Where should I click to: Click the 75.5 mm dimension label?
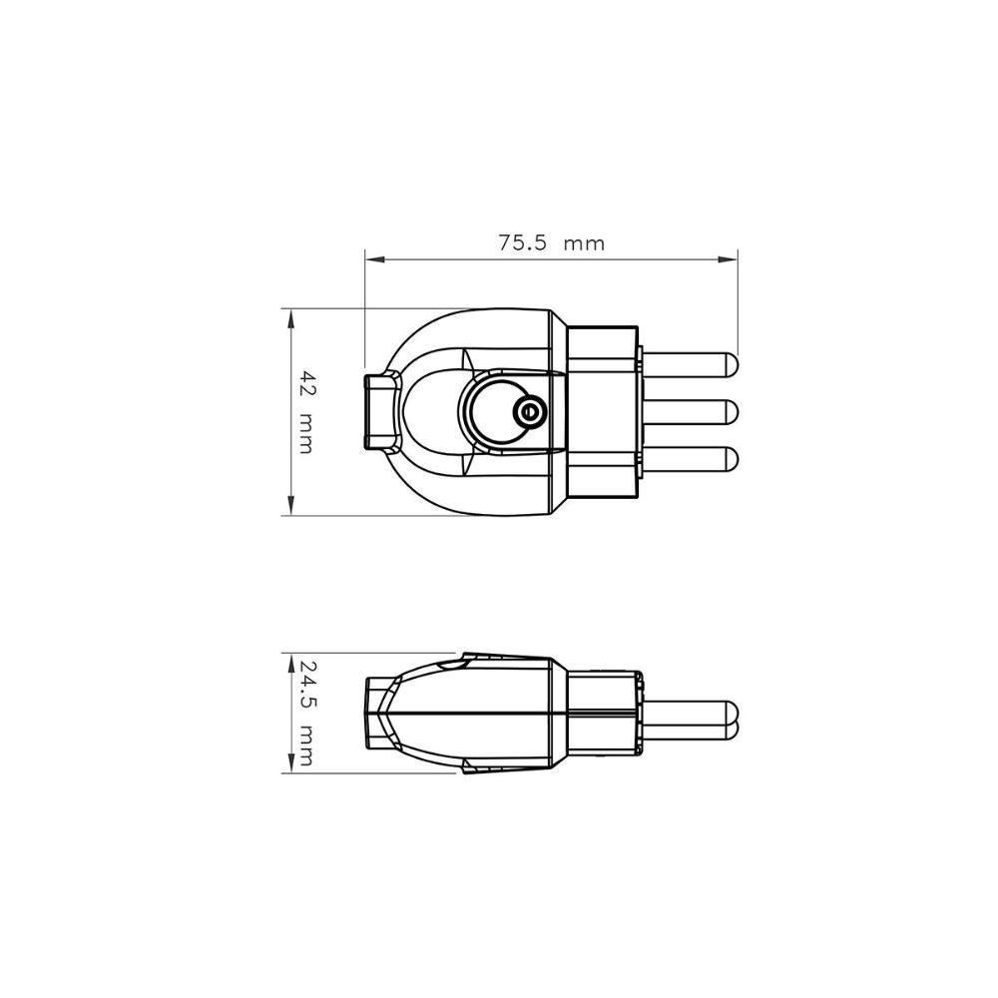[551, 243]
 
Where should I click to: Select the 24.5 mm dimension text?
[305, 713]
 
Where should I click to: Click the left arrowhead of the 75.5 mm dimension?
[371, 259]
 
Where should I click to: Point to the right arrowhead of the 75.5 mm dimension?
[731, 259]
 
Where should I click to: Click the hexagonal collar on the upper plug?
[602, 410]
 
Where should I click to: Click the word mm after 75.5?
[584, 243]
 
